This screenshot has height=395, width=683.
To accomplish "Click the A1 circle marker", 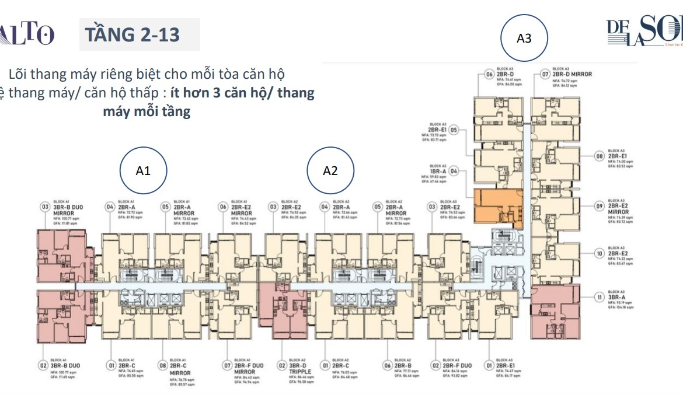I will pyautogui.click(x=143, y=170).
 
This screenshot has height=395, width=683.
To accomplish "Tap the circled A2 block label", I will pyautogui.click(x=330, y=170).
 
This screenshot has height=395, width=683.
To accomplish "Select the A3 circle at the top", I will pyautogui.click(x=524, y=39).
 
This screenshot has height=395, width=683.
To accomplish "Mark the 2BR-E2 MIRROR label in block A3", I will pyautogui.click(x=620, y=208).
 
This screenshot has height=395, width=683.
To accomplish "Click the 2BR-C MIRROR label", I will pyautogui.click(x=180, y=369).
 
